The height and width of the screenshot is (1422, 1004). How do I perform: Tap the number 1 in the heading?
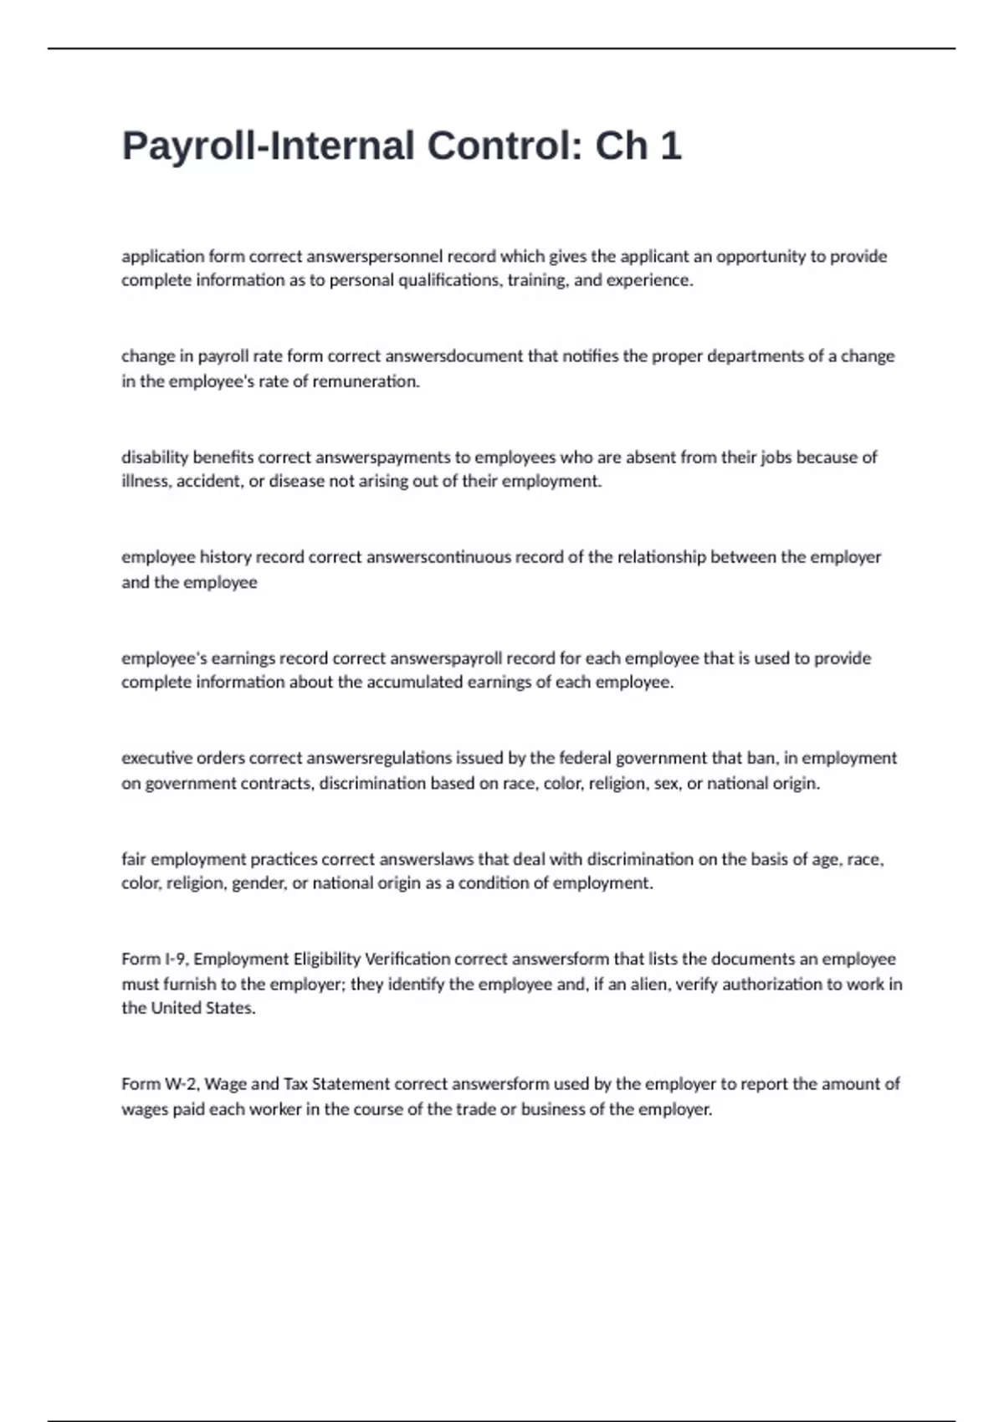(x=671, y=146)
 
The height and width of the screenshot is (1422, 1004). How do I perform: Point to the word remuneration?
(x=369, y=381)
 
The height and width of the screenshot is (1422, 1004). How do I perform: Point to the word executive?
(x=155, y=759)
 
